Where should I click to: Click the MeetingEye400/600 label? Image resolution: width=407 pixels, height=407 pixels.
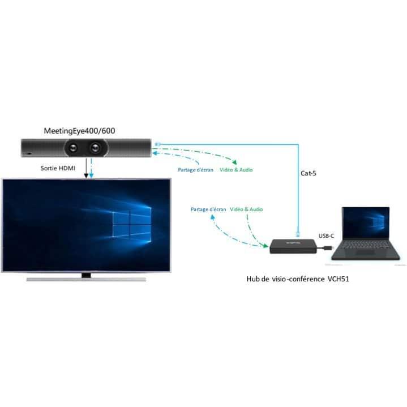(x=79, y=131)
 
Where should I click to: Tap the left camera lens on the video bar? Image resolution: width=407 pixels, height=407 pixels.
(x=72, y=148)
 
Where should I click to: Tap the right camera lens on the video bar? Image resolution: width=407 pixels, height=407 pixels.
(x=95, y=148)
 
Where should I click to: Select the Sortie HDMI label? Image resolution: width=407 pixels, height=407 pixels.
(x=58, y=168)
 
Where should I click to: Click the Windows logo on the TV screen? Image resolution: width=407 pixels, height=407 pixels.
(x=132, y=225)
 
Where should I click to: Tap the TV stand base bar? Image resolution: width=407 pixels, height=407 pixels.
(x=86, y=279)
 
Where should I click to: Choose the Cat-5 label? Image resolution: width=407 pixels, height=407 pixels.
(x=309, y=173)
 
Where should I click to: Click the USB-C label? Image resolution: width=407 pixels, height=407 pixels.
(x=326, y=235)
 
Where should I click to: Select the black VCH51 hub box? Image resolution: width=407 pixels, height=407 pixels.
(x=293, y=246)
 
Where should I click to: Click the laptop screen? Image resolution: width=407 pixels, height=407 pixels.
(x=366, y=223)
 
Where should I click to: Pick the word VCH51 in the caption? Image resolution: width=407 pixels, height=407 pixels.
(x=338, y=279)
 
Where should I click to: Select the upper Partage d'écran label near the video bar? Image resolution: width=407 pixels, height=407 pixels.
(x=195, y=170)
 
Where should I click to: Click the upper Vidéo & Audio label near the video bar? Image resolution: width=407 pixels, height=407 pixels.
(x=236, y=170)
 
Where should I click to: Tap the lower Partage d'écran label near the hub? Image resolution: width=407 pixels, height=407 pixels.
(x=208, y=209)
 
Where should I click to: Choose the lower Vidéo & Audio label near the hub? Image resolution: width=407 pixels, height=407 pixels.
(x=246, y=209)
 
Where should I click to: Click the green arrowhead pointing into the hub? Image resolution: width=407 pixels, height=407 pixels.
(x=265, y=246)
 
